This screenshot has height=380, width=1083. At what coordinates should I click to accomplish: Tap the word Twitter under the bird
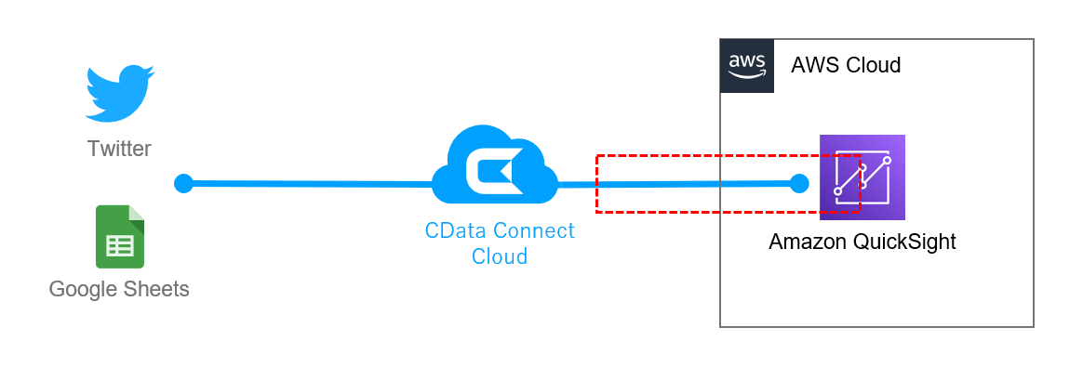coord(119,149)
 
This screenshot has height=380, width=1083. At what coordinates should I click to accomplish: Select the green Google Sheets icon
coord(119,237)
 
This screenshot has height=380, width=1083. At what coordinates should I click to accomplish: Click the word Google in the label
coord(83,290)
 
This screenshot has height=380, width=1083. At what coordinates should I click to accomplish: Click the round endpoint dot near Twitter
coord(183,183)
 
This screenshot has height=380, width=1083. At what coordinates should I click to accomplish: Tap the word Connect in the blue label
coord(534,230)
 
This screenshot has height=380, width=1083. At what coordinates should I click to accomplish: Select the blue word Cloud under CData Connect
coord(500,256)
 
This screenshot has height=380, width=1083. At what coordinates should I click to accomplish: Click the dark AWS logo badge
coord(747,66)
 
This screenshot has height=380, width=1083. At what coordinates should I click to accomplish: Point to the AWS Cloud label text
coord(845,65)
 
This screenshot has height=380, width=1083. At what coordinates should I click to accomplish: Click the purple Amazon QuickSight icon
coord(862,177)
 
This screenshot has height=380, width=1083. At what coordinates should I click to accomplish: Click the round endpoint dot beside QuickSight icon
coord(798,183)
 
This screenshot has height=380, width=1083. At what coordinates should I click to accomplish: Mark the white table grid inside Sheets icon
coord(119,246)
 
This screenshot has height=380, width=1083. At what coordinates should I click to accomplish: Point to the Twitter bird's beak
coord(150,72)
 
